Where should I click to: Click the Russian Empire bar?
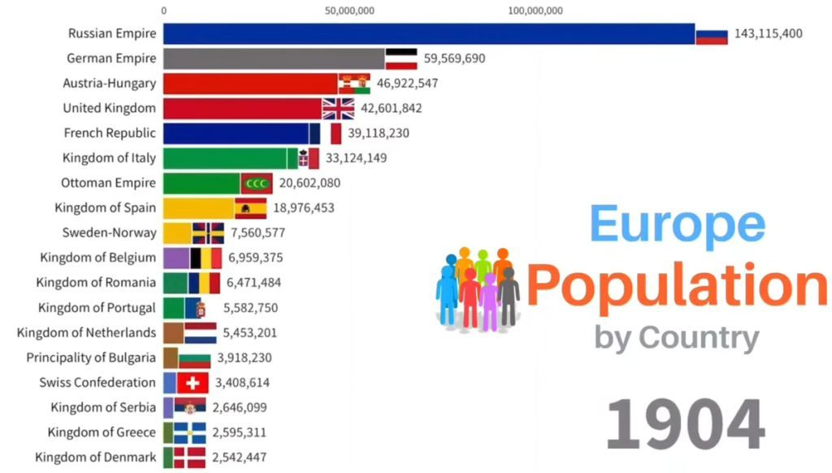[x=429, y=33]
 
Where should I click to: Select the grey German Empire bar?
[x=274, y=59]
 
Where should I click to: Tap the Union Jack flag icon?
[x=338, y=108]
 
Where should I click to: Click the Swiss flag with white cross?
[x=193, y=383]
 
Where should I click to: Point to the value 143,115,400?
[x=768, y=33]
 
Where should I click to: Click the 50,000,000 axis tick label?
[x=349, y=11]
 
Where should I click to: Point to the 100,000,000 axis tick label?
[x=535, y=11]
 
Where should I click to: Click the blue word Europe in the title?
[x=677, y=225]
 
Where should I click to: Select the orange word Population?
[x=677, y=284]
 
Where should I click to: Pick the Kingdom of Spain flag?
[x=251, y=208]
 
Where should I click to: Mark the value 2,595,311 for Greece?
[x=239, y=432]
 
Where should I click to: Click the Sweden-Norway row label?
[x=109, y=232]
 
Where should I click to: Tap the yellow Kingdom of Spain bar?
[x=199, y=208]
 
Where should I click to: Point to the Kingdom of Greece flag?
[x=189, y=432]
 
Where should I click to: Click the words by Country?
[x=677, y=336]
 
